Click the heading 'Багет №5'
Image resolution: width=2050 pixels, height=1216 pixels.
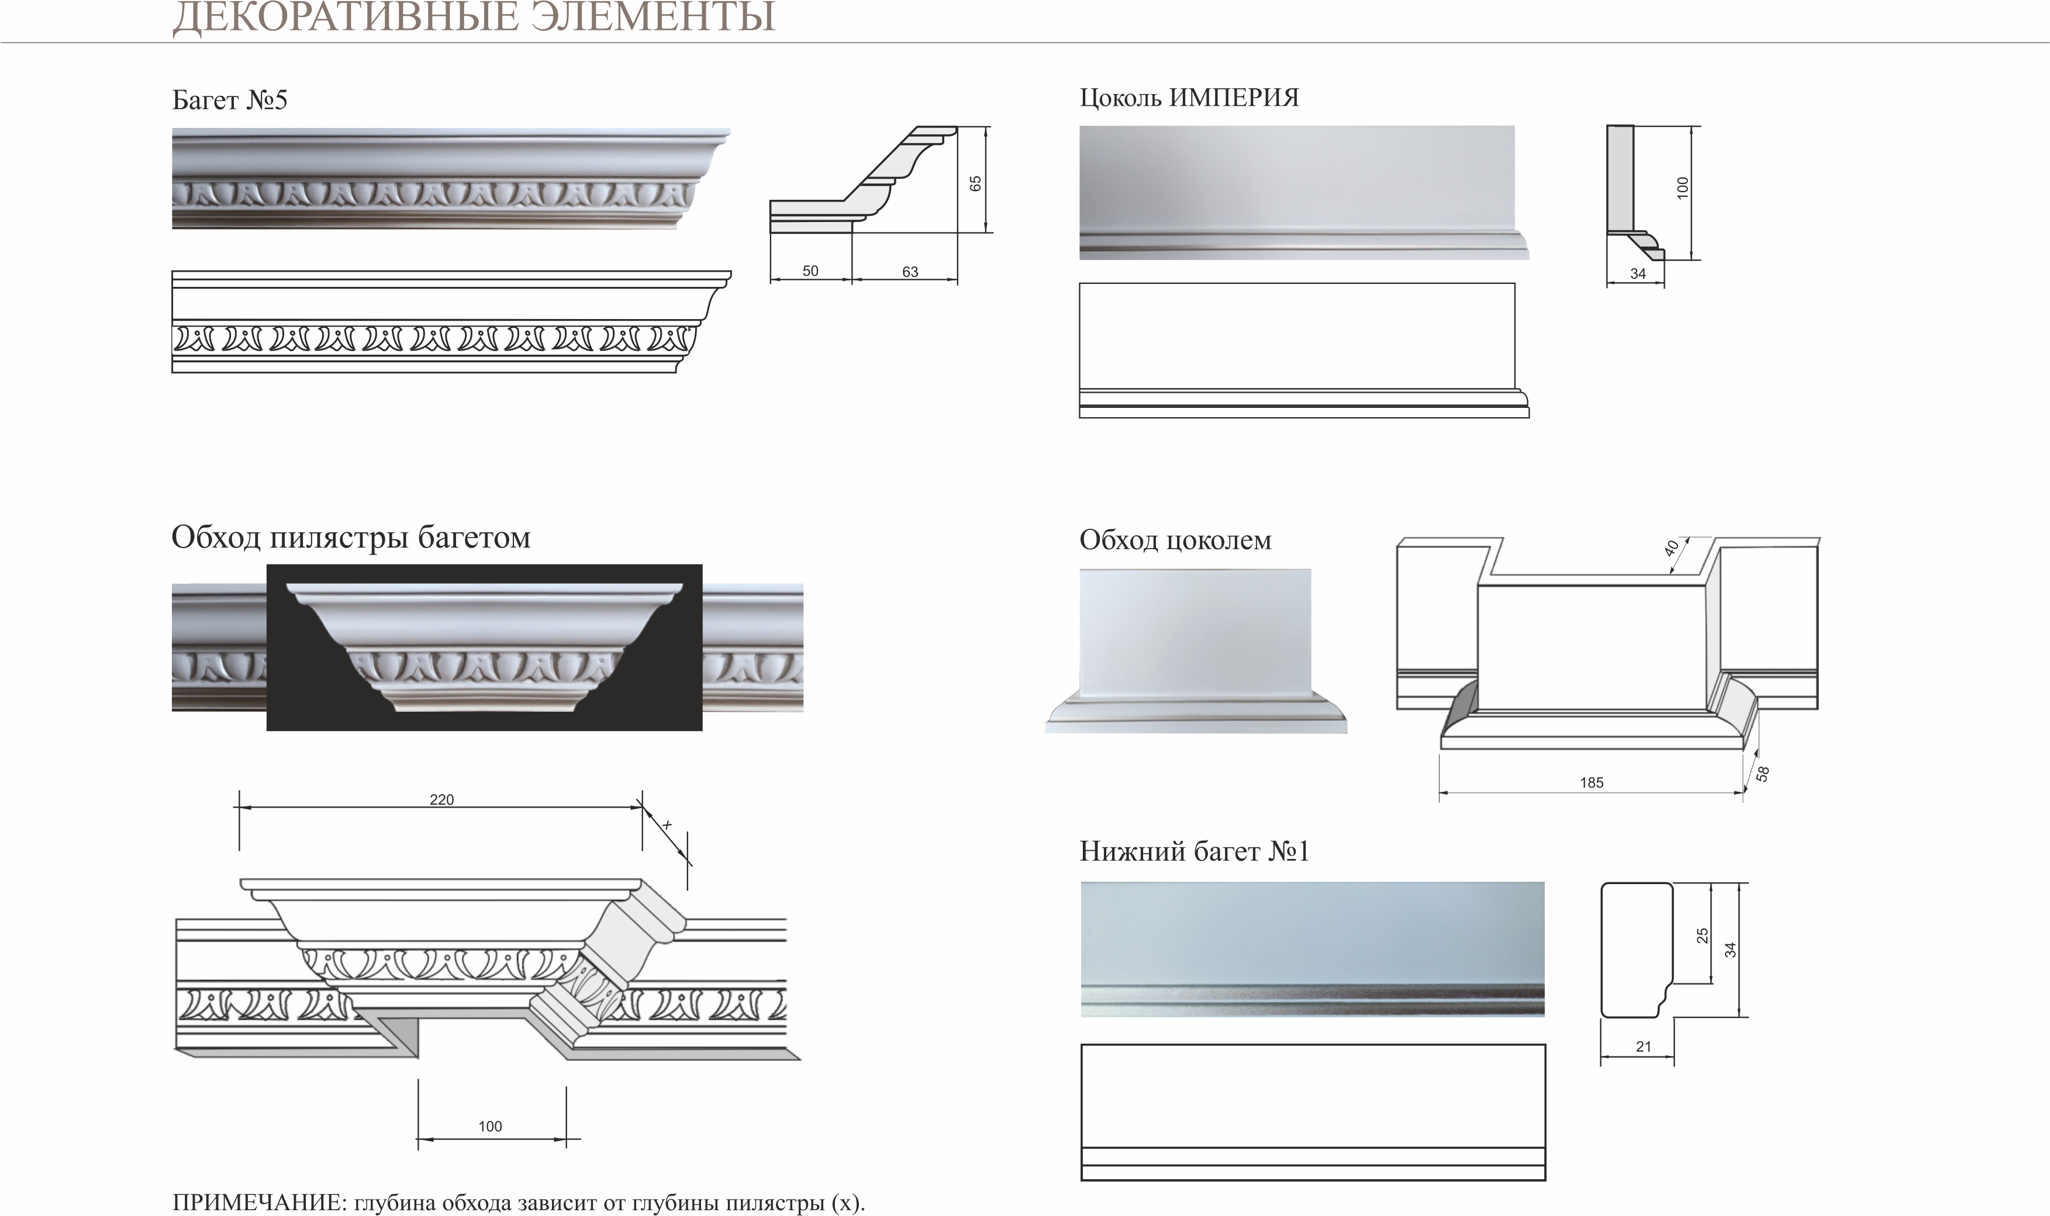point(230,100)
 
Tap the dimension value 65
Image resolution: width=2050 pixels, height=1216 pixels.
point(975,183)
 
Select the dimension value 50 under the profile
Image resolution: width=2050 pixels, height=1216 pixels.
point(810,271)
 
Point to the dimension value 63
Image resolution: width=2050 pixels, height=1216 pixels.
point(910,272)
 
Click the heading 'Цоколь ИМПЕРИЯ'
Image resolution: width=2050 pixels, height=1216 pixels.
point(1189,98)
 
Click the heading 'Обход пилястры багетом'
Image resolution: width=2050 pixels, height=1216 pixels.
point(351,538)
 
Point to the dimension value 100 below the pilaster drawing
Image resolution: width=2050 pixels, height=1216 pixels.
point(489,1127)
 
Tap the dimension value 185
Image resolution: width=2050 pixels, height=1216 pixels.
point(1591,782)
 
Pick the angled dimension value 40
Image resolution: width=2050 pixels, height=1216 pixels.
point(1671,548)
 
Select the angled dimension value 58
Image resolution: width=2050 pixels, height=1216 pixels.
point(1762,772)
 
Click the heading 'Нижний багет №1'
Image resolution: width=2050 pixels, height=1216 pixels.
point(1194,852)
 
